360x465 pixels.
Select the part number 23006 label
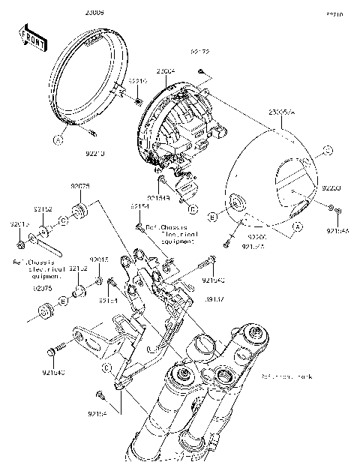coord(94,13)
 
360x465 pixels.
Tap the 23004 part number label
coord(166,70)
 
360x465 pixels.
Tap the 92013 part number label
coord(19,224)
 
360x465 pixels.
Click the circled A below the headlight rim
coord(58,139)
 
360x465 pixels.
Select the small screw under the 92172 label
coord(203,70)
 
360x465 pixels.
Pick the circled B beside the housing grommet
coord(214,216)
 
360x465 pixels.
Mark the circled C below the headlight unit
coord(193,208)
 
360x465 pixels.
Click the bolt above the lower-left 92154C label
coord(58,349)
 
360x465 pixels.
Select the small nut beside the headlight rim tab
coord(140,97)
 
